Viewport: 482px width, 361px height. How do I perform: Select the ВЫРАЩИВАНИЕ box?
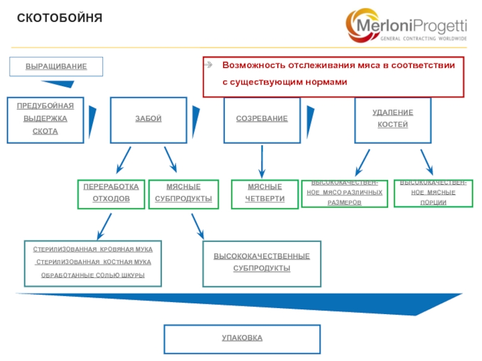pos(56,66)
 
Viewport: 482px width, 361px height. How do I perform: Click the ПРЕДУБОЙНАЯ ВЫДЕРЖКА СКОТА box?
pos(45,119)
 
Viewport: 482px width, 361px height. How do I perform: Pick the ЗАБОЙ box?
pos(148,119)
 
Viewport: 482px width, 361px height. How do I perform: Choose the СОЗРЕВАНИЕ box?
pos(261,119)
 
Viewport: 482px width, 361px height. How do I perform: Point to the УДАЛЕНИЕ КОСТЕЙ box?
pos(393,119)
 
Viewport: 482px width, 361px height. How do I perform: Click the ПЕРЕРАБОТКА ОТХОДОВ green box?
pos(111,193)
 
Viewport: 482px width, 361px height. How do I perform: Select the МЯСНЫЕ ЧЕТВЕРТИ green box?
pos(264,193)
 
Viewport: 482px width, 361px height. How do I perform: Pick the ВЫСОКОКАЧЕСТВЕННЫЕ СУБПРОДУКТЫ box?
pos(261,264)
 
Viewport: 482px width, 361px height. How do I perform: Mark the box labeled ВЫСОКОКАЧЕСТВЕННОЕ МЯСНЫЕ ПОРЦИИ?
pos(428,193)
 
